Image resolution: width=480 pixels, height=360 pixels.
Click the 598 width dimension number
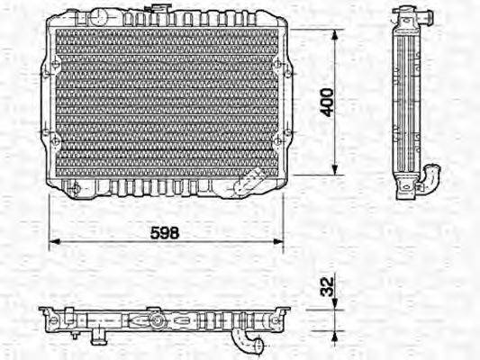pos(165,231)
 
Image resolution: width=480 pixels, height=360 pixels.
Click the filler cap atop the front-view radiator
pos(160,11)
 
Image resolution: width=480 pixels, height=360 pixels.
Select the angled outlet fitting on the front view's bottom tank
pos(246,184)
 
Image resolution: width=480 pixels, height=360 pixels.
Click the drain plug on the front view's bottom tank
pos(76,189)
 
